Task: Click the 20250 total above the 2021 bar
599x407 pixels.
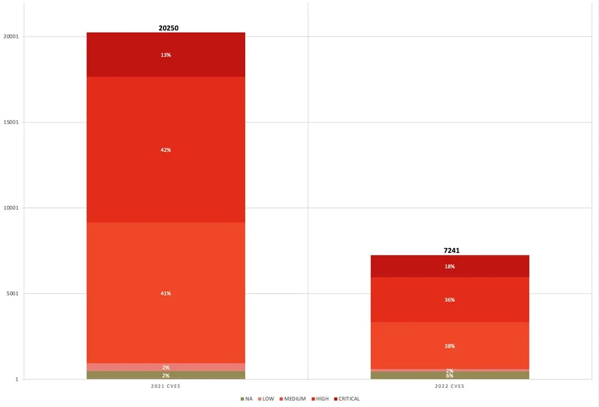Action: click(x=166, y=28)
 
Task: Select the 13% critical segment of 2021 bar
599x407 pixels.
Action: click(x=166, y=55)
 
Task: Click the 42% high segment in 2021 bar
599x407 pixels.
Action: click(x=166, y=150)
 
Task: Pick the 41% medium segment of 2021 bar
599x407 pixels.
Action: click(x=166, y=293)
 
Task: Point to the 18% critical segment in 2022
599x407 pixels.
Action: click(x=450, y=266)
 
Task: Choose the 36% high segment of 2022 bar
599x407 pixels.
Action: click(x=450, y=300)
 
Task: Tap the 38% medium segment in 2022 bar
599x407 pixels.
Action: click(x=450, y=346)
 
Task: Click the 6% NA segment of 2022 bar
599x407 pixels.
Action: click(x=450, y=375)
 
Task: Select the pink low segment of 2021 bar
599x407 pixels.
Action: click(x=166, y=367)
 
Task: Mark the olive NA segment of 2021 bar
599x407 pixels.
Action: click(x=166, y=375)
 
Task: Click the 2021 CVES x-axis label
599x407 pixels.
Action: click(x=166, y=386)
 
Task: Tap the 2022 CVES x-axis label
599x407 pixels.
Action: click(x=450, y=386)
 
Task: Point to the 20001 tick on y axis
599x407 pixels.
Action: click(x=12, y=37)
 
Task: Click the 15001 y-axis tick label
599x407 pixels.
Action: click(x=12, y=123)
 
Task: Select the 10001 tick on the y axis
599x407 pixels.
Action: click(x=12, y=208)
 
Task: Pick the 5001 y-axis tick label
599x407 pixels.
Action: click(x=13, y=294)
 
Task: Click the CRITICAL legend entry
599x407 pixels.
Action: click(x=347, y=399)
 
